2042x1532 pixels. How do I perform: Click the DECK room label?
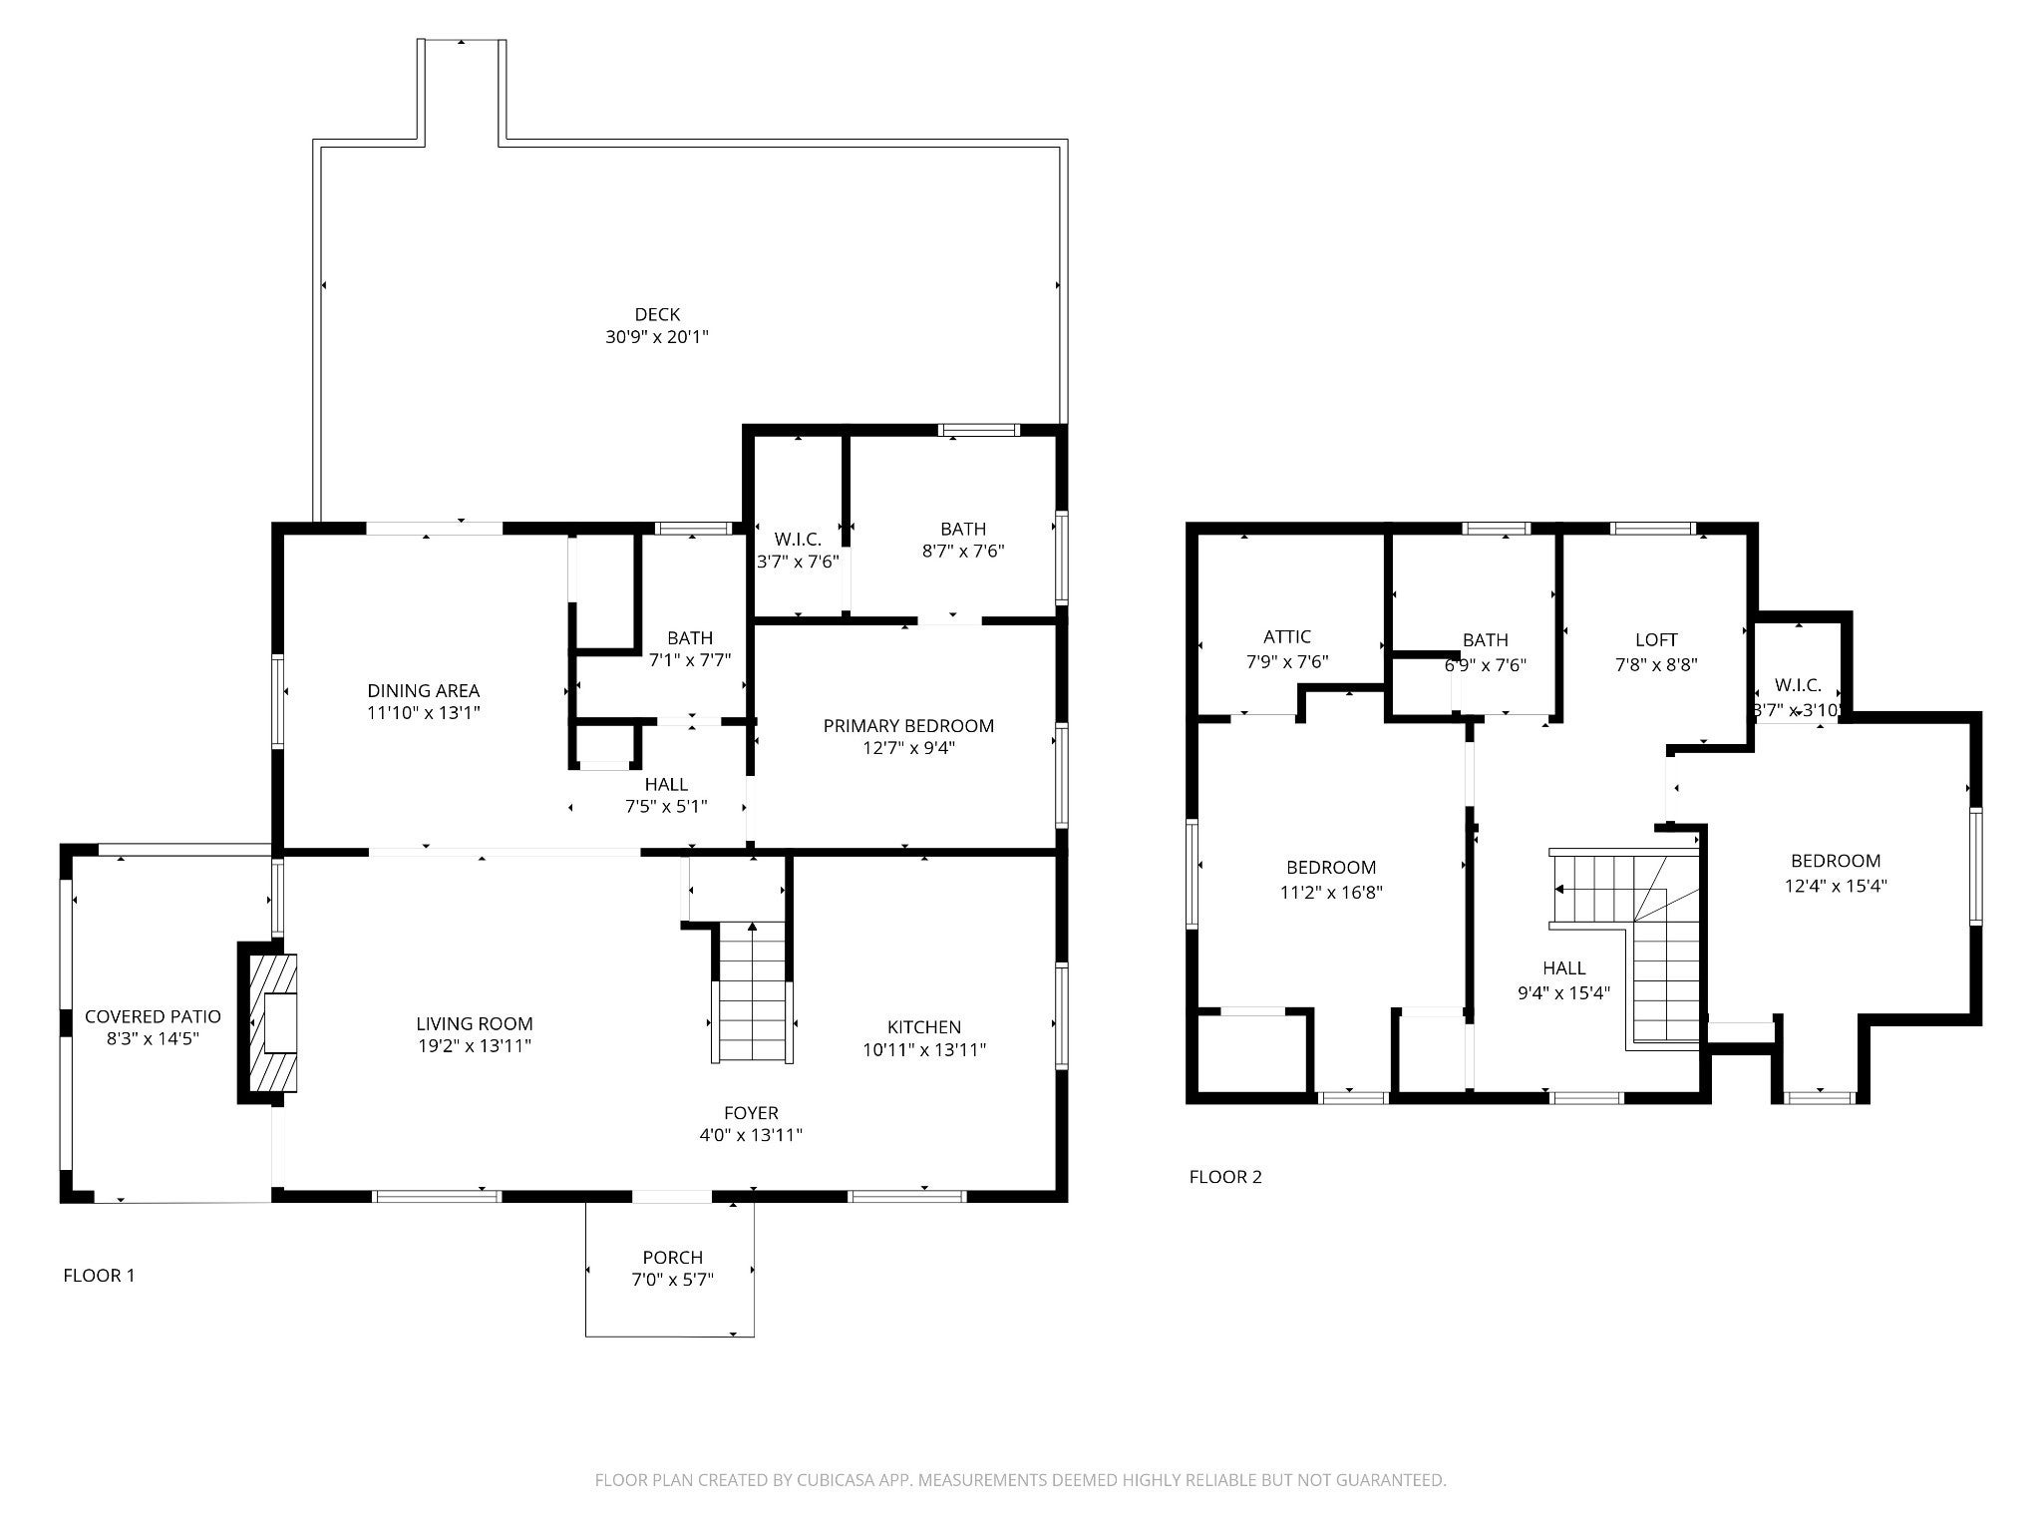(657, 315)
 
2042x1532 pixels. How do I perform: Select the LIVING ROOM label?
(475, 1024)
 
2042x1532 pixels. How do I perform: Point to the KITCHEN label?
(924, 1027)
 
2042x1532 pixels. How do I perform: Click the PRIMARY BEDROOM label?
(908, 726)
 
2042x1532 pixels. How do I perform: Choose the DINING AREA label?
(424, 690)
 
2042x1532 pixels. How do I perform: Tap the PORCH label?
(673, 1258)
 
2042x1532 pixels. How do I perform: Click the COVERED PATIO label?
(153, 1016)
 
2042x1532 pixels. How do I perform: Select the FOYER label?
(751, 1113)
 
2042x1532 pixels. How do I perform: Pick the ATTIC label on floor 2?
(1287, 637)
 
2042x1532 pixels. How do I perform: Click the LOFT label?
(1656, 640)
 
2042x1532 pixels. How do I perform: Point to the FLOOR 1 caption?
(99, 1276)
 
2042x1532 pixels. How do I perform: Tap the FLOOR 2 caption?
(1225, 1177)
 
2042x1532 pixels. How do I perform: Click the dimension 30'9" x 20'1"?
(657, 337)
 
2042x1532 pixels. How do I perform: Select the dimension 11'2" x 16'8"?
(1331, 893)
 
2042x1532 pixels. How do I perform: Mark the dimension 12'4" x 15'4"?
(1836, 885)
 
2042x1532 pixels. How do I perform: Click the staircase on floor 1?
(753, 993)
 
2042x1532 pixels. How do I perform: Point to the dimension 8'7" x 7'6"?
(963, 552)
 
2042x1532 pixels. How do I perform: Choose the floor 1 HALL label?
(666, 785)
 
